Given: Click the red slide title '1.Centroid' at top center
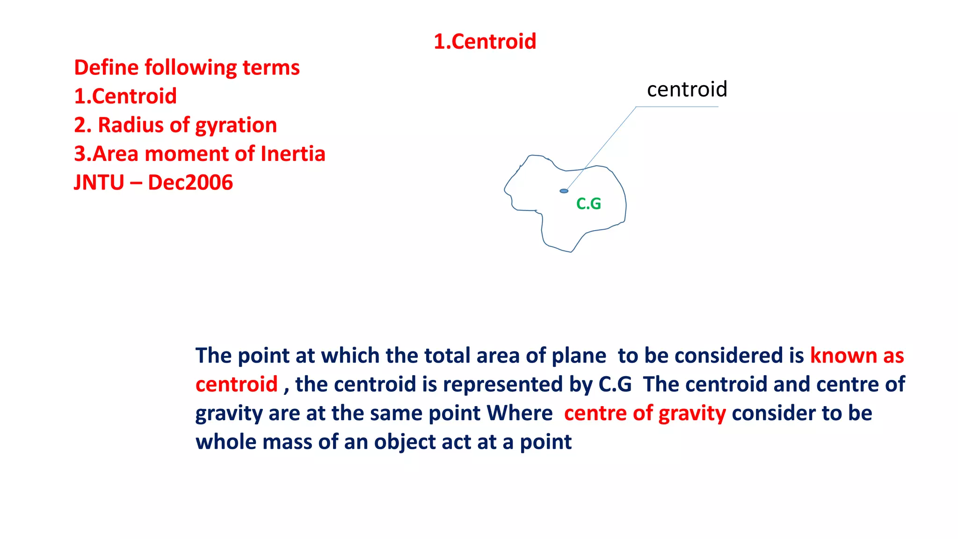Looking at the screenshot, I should click(x=485, y=42).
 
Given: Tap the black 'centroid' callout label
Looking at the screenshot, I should click(x=687, y=89).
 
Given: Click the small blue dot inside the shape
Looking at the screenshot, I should click(x=564, y=191).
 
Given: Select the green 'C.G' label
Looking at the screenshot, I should click(x=588, y=204).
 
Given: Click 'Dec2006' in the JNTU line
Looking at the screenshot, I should click(x=190, y=182).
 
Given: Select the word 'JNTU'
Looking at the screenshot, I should click(x=99, y=182).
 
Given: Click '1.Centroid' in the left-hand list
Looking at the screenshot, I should click(x=125, y=96).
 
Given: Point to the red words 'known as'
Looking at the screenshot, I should click(x=857, y=356).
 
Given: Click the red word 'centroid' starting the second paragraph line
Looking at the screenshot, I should click(x=236, y=385).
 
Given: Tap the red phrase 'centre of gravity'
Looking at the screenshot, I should click(x=645, y=414).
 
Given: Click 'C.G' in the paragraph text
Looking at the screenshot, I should click(x=615, y=385).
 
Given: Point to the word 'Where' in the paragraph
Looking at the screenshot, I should click(x=519, y=414).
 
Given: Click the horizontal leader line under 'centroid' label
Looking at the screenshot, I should click(x=677, y=107).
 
